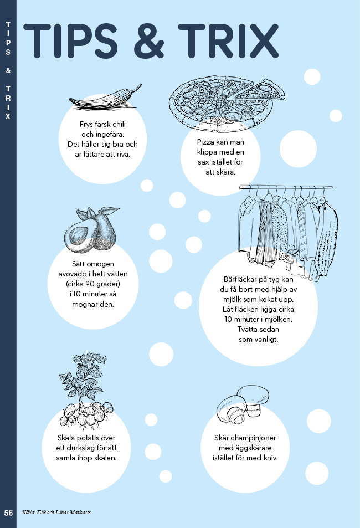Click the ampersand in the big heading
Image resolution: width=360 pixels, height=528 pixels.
click(149, 41)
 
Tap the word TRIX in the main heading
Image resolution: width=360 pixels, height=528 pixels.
click(228, 41)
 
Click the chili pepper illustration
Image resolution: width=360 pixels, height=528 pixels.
click(105, 98)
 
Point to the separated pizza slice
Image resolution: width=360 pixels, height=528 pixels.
click(260, 90)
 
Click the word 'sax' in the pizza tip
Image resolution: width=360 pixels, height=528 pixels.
click(203, 162)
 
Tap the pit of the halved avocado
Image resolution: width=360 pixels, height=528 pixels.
click(79, 233)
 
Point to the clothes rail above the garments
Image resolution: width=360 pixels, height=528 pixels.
click(286, 187)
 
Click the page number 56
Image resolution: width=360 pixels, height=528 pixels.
click(8, 513)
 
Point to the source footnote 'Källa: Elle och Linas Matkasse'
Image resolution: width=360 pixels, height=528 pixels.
click(56, 512)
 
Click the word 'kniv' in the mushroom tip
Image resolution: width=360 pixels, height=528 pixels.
click(270, 458)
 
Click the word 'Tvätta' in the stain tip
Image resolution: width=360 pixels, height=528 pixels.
click(247, 329)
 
